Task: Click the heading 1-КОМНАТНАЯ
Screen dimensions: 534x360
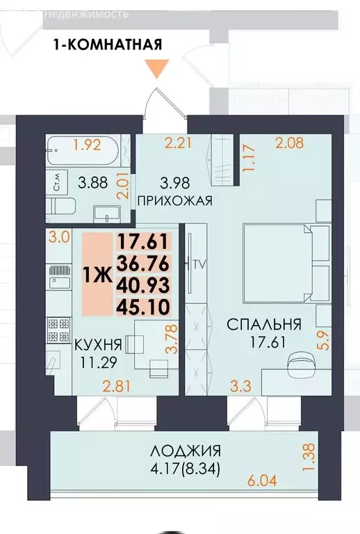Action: coord(108,45)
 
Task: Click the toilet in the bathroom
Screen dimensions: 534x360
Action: coord(65,207)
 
